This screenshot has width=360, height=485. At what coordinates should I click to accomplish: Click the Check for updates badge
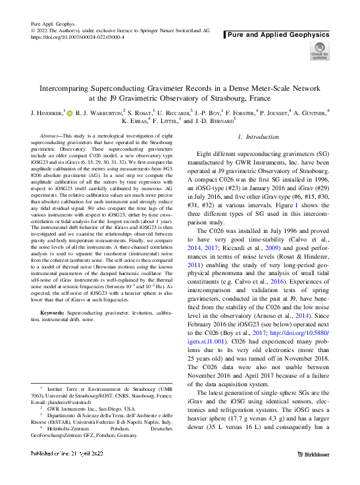pyautogui.click(x=319, y=51)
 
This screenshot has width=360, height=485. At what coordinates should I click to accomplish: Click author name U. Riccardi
pyautogui.click(x=169, y=113)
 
